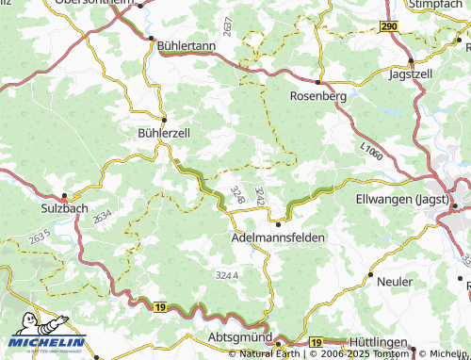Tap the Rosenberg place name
(319, 96)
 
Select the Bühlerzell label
(164, 134)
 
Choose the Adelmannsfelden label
(279, 238)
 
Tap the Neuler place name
(395, 282)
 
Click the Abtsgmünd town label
(240, 337)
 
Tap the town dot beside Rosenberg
(319, 81)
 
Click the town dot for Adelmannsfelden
(279, 224)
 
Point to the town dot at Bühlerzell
(164, 120)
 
